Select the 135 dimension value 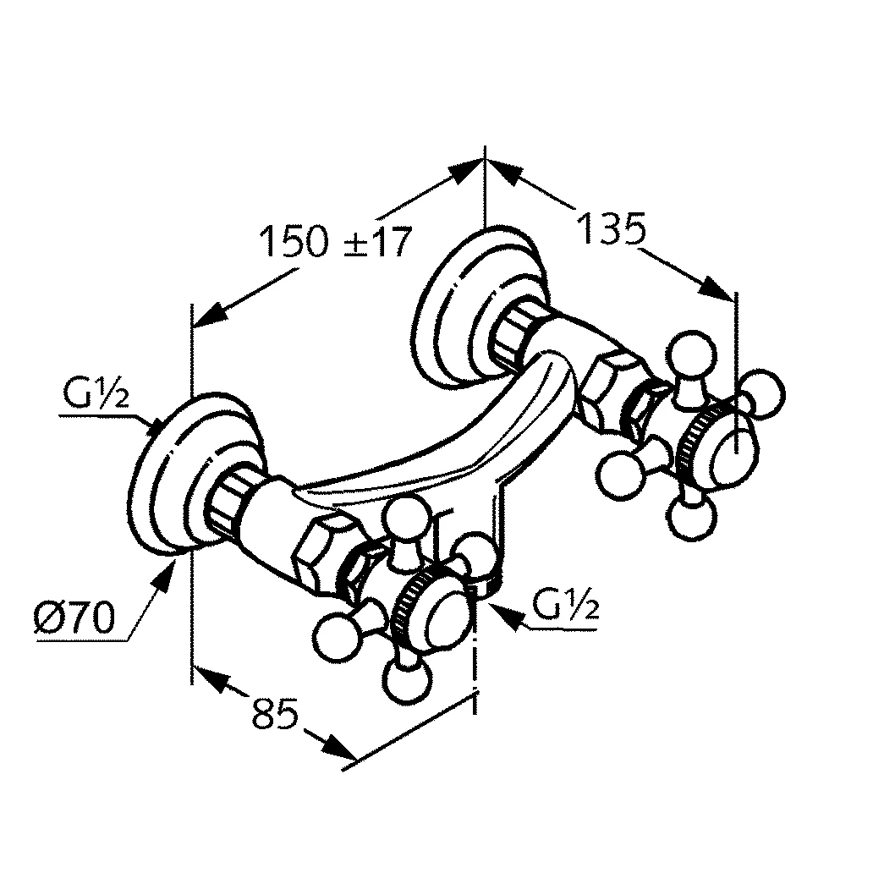(612, 228)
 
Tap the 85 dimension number (276, 715)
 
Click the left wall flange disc (169, 478)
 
